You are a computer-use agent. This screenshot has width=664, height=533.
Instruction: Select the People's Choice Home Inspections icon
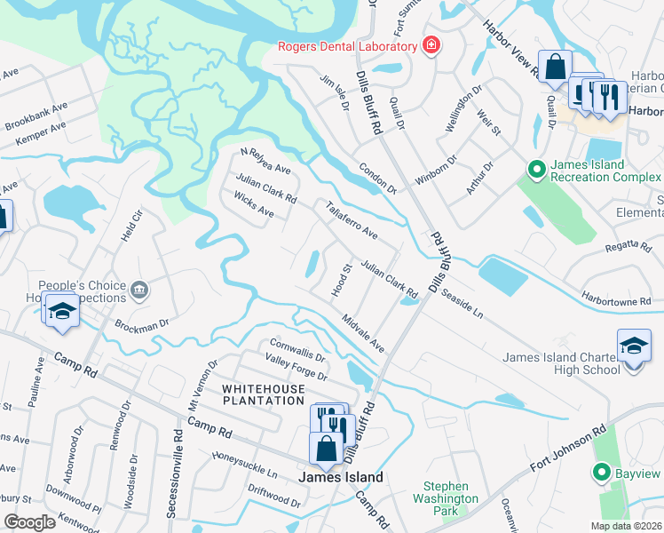(x=138, y=290)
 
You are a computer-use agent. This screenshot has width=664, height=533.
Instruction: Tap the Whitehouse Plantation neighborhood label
(x=263, y=395)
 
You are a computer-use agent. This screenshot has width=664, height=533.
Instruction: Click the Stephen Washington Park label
(x=451, y=498)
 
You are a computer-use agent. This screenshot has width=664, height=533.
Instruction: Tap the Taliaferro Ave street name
(x=352, y=221)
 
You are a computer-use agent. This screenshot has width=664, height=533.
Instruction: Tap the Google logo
(x=30, y=522)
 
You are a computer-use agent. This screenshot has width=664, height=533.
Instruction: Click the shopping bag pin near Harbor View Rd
(x=555, y=68)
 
